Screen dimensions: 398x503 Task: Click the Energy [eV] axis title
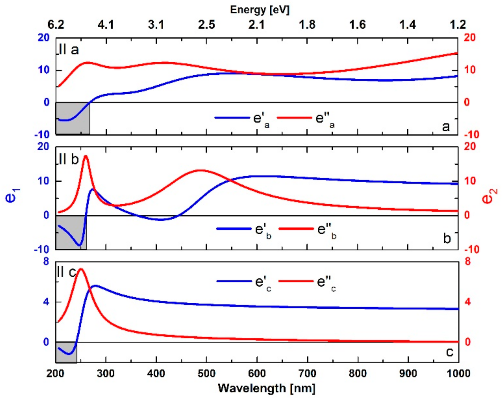point(260,10)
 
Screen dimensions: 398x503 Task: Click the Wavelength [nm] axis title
point(266,388)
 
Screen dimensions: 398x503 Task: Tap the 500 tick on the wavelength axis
point(206,374)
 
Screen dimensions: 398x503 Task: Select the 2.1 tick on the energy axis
point(256,25)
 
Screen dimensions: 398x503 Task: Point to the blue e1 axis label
point(12,196)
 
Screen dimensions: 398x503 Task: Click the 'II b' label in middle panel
point(69,160)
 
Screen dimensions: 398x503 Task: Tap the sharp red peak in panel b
point(86,156)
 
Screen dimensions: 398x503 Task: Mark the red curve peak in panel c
point(81,269)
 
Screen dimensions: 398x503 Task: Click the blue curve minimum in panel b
point(79,245)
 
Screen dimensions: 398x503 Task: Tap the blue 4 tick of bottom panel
point(46,302)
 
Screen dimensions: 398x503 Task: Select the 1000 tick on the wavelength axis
point(458,374)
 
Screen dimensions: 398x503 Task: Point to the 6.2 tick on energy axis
point(56,25)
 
